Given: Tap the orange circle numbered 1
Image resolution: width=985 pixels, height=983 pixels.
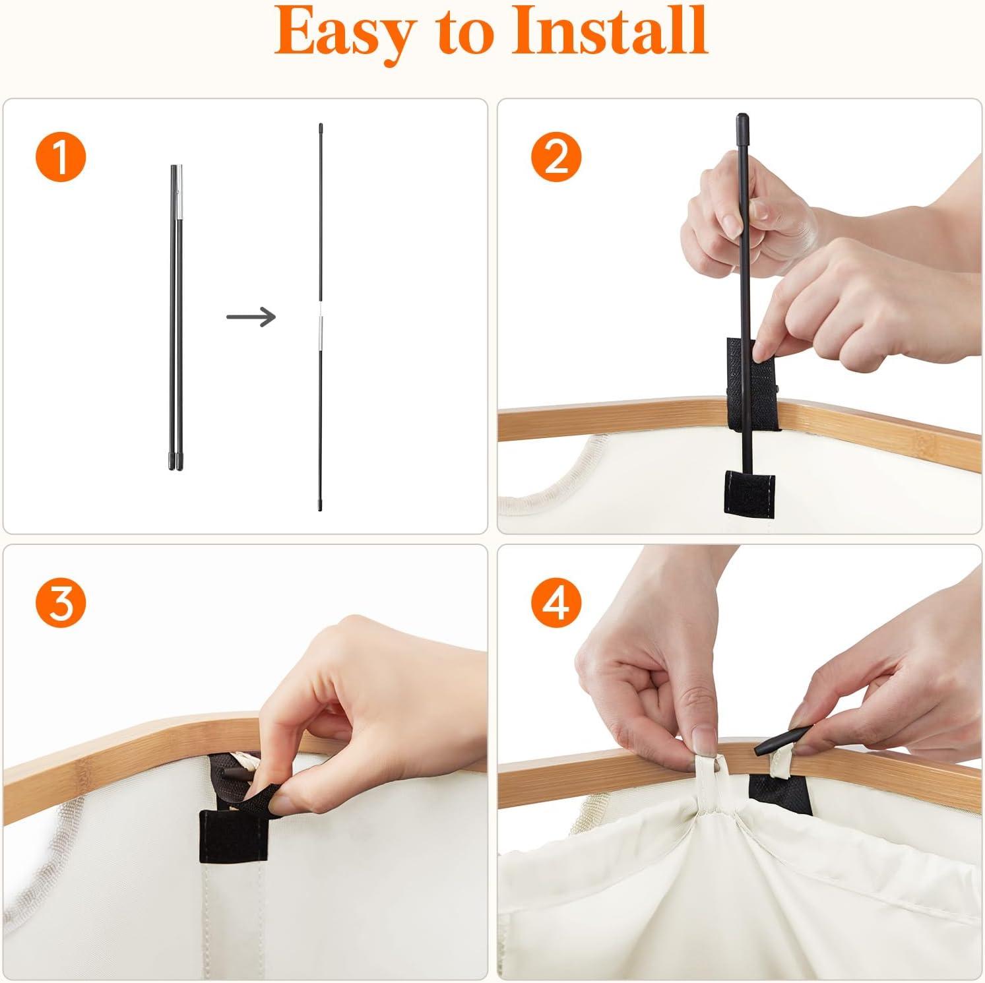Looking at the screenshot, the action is (60, 157).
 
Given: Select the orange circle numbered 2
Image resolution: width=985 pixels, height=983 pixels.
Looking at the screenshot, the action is (557, 157).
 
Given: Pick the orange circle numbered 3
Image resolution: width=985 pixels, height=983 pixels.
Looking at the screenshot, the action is (60, 602).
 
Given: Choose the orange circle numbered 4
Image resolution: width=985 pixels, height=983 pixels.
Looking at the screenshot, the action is (557, 602).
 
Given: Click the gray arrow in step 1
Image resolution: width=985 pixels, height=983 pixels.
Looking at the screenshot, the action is (251, 317).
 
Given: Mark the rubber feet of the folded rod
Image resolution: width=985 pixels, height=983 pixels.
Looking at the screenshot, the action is (175, 460).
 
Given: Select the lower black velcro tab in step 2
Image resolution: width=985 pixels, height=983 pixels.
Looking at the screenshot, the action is (750, 486).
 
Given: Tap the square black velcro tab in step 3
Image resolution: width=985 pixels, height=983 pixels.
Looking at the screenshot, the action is (234, 835).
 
